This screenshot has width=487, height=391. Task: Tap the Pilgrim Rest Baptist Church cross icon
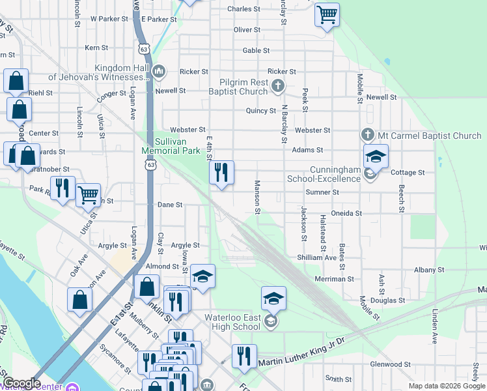278,85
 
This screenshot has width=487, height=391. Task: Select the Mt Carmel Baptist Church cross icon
367,135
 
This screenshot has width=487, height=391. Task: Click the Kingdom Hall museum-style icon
159,70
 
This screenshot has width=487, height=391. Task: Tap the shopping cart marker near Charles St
327,14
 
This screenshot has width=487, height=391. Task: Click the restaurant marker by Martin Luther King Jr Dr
244,356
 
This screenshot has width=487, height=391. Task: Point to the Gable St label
256,50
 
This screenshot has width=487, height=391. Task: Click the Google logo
21,383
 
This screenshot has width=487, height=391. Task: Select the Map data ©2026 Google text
446,386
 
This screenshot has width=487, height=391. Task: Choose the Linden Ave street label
433,324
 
